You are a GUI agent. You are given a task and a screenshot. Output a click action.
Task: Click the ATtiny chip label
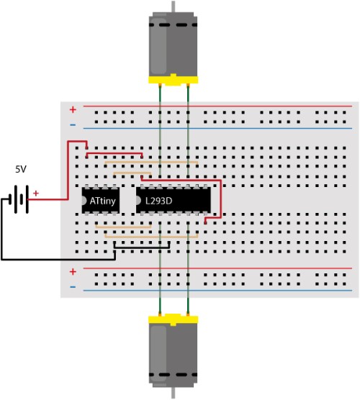[103, 201]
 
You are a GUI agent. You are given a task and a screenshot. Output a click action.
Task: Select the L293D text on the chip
[159, 201]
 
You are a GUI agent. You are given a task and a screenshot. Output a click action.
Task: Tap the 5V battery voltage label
[21, 169]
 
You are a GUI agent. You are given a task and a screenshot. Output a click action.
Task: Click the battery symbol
[19, 199]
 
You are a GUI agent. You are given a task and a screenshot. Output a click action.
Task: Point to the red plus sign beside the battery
[36, 194]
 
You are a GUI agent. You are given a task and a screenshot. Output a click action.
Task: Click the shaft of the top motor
[174, 6]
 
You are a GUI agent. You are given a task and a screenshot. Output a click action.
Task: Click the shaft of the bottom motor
[174, 393]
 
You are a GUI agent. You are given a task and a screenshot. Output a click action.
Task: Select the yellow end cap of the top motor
[173, 80]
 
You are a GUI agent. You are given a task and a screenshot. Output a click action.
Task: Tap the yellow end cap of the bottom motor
[173, 320]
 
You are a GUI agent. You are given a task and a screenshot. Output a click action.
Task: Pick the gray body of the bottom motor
[173, 355]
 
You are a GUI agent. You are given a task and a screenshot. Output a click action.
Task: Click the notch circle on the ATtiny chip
[84, 201]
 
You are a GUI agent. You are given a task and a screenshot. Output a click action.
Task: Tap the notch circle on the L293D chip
[138, 201]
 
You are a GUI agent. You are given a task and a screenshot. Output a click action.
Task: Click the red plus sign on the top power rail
[73, 109]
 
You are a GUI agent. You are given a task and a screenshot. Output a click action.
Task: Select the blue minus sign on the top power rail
[73, 124]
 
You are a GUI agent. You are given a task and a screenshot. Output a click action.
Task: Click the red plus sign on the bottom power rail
[73, 272]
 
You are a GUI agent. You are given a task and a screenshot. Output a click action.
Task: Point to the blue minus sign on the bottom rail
[73, 287]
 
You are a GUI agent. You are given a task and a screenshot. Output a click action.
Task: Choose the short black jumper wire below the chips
[142, 247]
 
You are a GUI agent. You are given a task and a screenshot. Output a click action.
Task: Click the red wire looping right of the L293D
[221, 199]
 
